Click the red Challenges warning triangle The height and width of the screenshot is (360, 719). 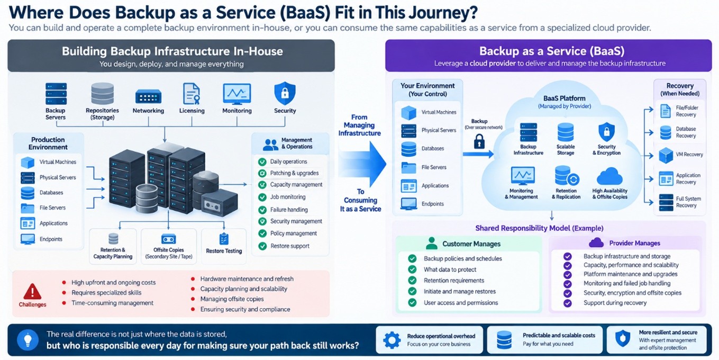point(32,291)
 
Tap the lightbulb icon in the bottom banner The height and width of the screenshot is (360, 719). point(28,339)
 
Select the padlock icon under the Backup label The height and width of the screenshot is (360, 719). point(479,141)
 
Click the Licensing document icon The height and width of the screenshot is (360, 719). point(192,94)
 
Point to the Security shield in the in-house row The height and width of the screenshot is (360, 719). point(285,93)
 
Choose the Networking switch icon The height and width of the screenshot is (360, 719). point(148,96)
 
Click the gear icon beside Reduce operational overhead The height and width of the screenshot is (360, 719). point(392,340)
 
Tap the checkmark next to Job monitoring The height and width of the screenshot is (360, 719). point(262,197)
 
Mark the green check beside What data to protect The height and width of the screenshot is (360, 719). point(412,269)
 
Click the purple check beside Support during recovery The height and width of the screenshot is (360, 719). point(568,303)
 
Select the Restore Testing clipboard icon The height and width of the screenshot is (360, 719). point(224,239)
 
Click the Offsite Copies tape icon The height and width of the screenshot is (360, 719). point(169,239)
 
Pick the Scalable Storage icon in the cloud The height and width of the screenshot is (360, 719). point(565,132)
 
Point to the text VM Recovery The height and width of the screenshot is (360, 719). point(689,155)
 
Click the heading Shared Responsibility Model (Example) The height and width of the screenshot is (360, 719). point(539,228)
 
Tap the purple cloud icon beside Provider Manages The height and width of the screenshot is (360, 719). point(596,242)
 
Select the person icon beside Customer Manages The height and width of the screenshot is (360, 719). point(432,244)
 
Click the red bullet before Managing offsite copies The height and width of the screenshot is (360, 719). point(193,299)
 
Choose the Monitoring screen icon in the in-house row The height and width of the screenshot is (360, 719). point(237,94)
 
